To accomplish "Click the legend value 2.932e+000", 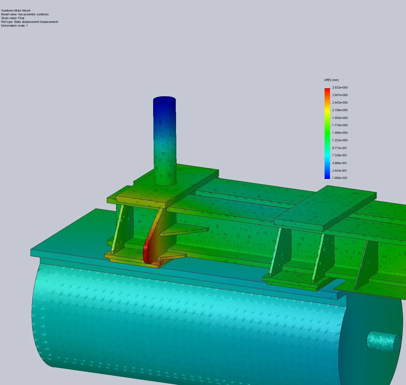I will coord(340,87).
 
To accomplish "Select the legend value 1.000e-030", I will coord(340,178).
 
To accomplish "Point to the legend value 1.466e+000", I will coord(340,133).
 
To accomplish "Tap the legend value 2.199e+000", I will coord(340,110).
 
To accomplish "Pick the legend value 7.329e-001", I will coord(339,155).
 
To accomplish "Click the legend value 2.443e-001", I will coord(339,171).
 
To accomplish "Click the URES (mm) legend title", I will coord(331,80).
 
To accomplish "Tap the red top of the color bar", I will coord(327,90).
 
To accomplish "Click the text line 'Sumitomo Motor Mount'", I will coord(16,10).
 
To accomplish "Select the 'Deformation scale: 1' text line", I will coord(14,26).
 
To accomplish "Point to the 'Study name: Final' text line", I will coord(13,18).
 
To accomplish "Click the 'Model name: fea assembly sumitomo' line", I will coord(25,14).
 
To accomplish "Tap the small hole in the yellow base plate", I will coord(139,253).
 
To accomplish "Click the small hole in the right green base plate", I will coord(299,276).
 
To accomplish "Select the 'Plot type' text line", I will coord(30,22).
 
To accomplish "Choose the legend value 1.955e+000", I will coord(340,118).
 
